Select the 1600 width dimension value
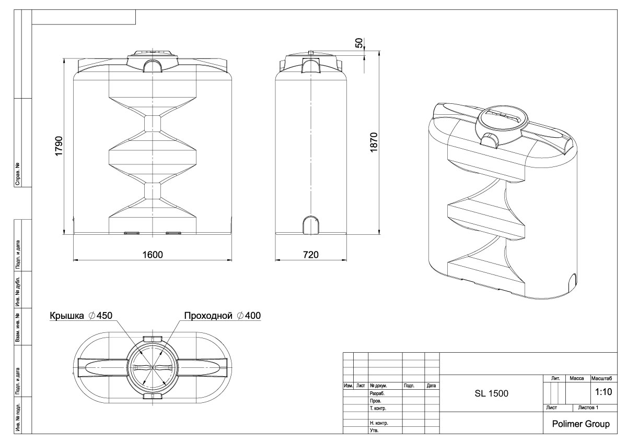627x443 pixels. pos(152,254)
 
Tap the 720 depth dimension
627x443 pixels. pos(310,254)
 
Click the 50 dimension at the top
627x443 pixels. pos(359,43)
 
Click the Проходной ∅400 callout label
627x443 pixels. pos(222,316)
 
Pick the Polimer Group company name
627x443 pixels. pos(580,424)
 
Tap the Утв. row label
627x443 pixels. pos(374,431)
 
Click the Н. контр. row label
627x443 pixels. pos(378,423)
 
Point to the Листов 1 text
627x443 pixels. pos(588,407)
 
